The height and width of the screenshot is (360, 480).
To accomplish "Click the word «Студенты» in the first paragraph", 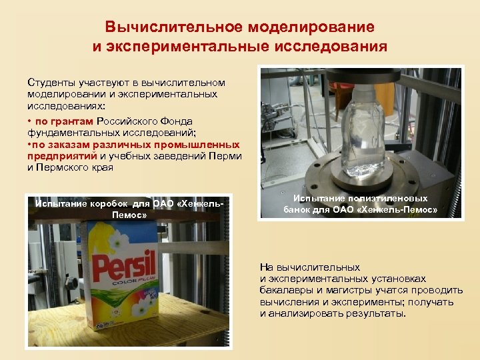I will (50, 83).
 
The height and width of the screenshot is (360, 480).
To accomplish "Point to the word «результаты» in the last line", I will (375, 313).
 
